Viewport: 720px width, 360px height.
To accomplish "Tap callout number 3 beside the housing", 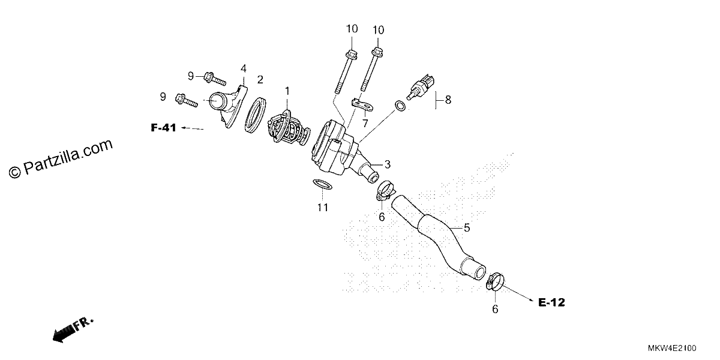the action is click(388, 164).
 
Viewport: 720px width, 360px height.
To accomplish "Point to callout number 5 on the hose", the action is click(467, 228).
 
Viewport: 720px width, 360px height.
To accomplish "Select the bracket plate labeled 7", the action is click(362, 104).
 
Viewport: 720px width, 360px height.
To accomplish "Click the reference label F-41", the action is click(163, 128).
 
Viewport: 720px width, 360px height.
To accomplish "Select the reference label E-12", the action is click(551, 302).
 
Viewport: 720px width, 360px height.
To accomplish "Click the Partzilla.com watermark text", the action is click(61, 159).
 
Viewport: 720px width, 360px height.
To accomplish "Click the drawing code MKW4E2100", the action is click(672, 348).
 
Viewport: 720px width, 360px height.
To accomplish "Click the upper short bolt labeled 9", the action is click(215, 78).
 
